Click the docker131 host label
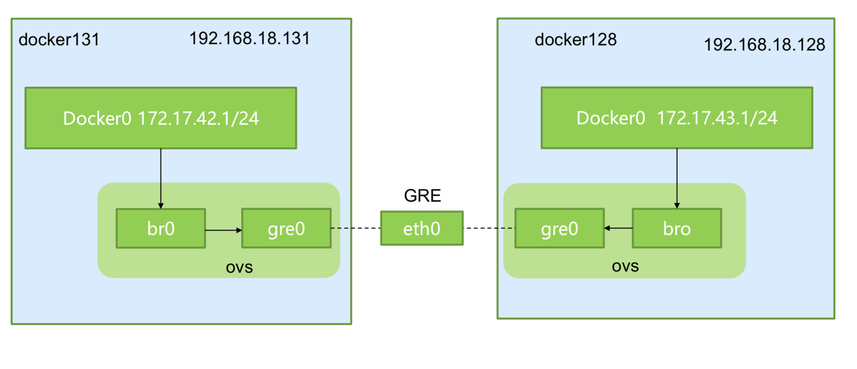59,40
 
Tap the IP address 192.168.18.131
249,38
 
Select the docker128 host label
575,40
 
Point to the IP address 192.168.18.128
764,45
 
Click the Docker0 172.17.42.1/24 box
161,118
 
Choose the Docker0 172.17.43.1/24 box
677,118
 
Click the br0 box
161,229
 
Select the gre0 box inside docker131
286,229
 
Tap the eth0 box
422,228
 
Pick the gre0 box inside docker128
560,229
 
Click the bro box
677,229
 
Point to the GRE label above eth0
422,196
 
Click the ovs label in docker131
239,268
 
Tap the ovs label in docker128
625,267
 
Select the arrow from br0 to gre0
224,230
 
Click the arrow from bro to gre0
618,228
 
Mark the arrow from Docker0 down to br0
161,179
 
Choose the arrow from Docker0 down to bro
677,179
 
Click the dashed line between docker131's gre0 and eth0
356,228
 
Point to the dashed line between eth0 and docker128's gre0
489,228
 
